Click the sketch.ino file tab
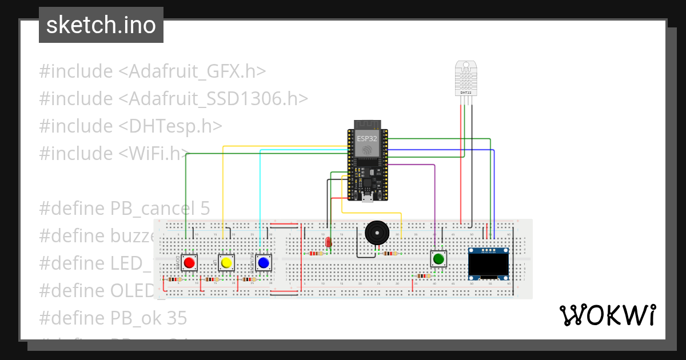101,25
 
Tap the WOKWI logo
607,315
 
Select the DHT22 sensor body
466,77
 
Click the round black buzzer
376,233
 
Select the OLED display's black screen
489,264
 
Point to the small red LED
328,242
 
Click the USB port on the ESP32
366,198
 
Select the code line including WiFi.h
114,153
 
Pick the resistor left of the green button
423,275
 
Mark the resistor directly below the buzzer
390,253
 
